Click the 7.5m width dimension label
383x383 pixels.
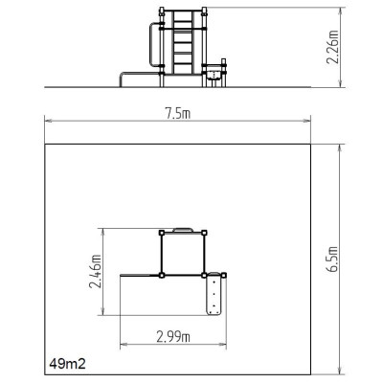(x=178, y=114)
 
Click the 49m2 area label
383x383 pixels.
(x=68, y=365)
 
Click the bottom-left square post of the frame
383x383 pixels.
(x=162, y=275)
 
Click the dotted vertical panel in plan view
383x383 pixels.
(x=214, y=296)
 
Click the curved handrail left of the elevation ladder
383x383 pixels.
(x=149, y=48)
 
